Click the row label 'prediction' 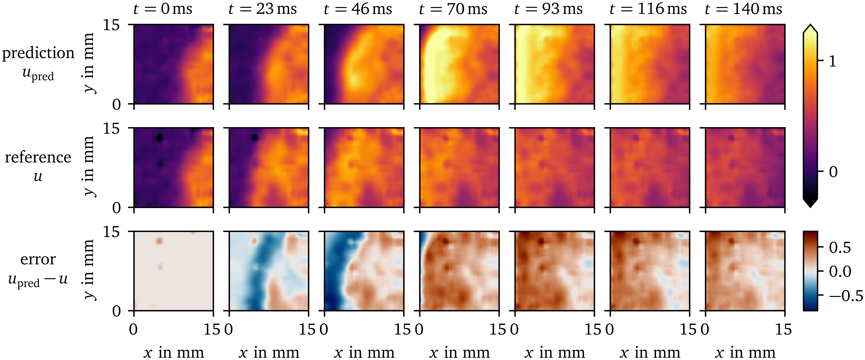pyautogui.click(x=38, y=53)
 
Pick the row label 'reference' pyautogui.click(x=38, y=157)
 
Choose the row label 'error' pyautogui.click(x=38, y=259)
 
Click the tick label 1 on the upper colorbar pyautogui.click(x=832, y=61)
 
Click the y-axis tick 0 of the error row pyautogui.click(x=116, y=311)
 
